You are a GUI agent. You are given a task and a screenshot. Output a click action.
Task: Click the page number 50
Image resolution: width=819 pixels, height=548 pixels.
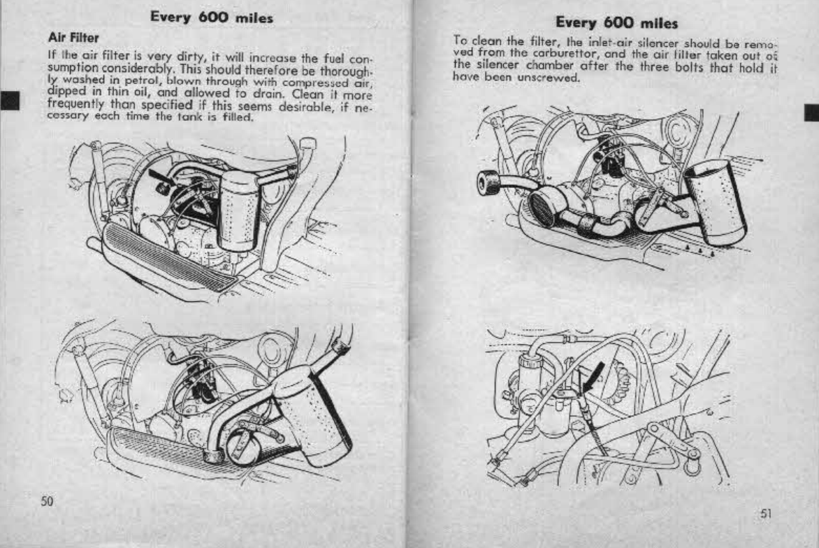pos(48,500)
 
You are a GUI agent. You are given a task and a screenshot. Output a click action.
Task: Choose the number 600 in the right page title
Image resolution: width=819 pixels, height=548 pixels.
pos(619,24)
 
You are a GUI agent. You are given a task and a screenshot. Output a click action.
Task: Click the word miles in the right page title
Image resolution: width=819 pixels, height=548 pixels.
pos(658,24)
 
